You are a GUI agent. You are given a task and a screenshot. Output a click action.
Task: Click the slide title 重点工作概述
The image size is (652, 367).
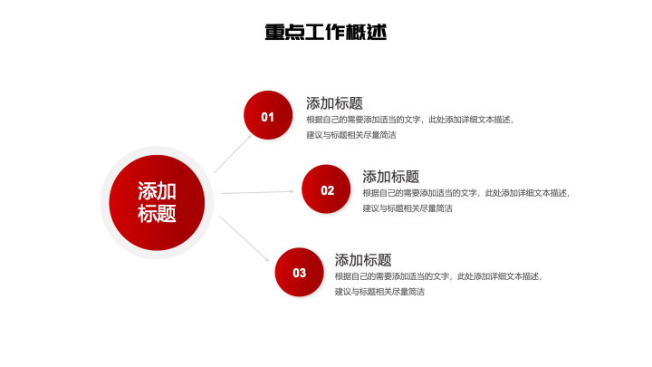point(326,33)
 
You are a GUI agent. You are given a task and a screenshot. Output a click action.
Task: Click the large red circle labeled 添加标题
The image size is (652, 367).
point(157,202)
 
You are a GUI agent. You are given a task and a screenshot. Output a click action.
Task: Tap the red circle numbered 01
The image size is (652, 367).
point(268,116)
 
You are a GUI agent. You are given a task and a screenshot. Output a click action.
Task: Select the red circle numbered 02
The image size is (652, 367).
point(327,189)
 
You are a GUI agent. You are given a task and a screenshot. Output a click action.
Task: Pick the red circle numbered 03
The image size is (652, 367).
point(300,272)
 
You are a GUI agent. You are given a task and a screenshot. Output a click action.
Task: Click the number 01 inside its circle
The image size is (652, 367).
point(268,117)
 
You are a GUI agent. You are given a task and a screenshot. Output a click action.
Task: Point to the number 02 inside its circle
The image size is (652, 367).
point(328,190)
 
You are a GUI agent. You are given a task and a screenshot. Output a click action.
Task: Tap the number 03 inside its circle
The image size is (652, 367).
point(300,273)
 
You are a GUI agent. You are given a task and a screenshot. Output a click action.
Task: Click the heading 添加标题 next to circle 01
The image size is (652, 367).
point(334,102)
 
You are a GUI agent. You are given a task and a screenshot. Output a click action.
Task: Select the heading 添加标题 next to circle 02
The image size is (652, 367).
point(391,176)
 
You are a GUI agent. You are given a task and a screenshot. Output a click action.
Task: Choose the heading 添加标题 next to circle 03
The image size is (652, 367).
point(363,259)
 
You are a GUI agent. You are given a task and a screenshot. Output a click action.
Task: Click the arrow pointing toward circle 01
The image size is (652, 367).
point(234,153)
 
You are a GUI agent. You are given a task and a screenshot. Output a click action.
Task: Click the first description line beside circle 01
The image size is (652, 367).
point(409,119)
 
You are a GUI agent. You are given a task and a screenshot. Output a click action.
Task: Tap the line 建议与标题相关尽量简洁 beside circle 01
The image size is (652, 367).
point(351,135)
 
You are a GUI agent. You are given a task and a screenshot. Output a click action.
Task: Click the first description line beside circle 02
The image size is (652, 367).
point(465,192)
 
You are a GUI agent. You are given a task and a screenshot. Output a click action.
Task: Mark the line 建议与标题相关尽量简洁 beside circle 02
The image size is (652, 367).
point(407,208)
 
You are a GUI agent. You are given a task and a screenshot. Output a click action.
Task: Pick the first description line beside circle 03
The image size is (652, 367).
point(437,275)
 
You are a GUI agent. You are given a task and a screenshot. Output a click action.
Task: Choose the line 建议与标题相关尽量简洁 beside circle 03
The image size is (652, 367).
point(379,292)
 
